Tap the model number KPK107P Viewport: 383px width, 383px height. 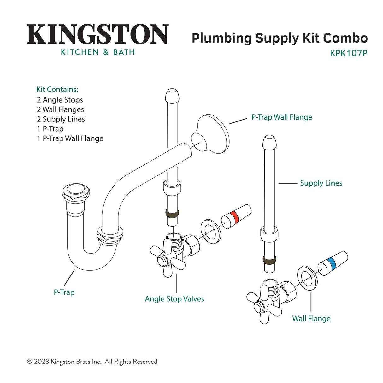[x=348, y=53]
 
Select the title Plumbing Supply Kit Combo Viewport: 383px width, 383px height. [x=280, y=38]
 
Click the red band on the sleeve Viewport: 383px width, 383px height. [x=234, y=217]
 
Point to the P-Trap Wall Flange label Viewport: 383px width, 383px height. [x=281, y=117]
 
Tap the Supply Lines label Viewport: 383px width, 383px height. [x=321, y=183]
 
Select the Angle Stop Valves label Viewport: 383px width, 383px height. [x=174, y=299]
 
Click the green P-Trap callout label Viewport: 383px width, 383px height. [x=64, y=292]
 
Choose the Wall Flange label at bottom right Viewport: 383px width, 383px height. [x=311, y=318]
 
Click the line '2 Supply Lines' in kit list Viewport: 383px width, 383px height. [x=61, y=119]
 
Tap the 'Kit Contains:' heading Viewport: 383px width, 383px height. [x=57, y=90]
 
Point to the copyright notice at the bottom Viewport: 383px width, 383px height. [x=92, y=362]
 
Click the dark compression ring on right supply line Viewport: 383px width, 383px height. [x=269, y=260]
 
